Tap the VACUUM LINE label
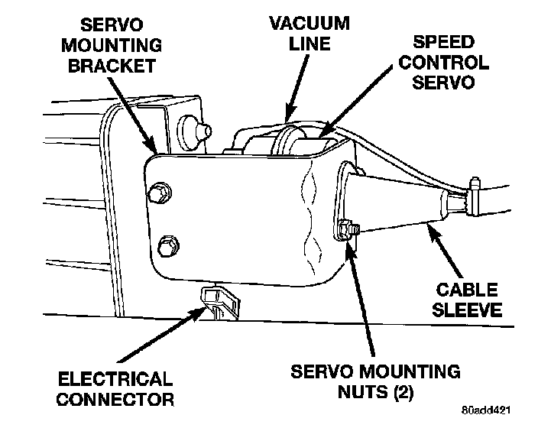click(309, 33)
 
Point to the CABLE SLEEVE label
click(466, 300)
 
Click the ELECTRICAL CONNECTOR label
click(115, 388)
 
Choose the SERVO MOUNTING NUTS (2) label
click(375, 383)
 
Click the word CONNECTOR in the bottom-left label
click(115, 399)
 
